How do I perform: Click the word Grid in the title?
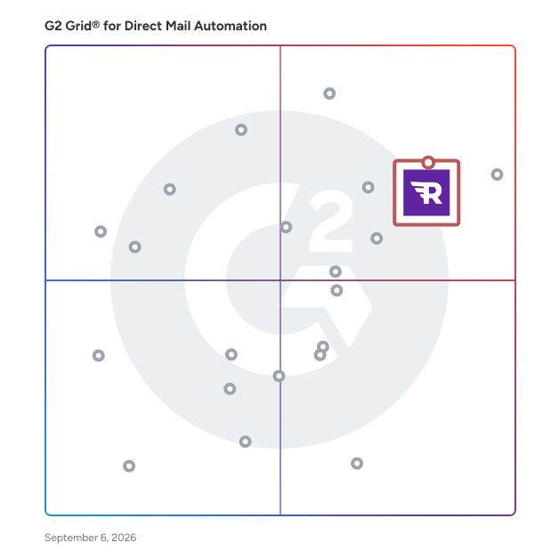tap(78, 26)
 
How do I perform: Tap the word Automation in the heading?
tap(231, 26)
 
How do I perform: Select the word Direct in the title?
tap(143, 26)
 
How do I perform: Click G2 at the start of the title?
tap(53, 26)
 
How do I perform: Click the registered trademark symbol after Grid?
tap(95, 24)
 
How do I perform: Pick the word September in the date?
tap(71, 538)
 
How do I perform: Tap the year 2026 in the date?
tap(124, 538)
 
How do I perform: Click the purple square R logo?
tap(426, 192)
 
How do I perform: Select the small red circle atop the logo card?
tap(428, 163)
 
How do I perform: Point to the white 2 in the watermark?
tap(331, 221)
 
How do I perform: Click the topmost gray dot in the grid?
tap(329, 93)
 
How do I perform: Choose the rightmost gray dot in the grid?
tap(497, 174)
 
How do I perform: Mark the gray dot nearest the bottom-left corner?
tap(129, 466)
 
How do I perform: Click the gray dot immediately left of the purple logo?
tap(369, 187)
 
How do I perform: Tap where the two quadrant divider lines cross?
tap(280, 280)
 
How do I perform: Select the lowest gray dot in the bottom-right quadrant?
tap(357, 464)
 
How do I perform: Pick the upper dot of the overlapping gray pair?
tap(323, 346)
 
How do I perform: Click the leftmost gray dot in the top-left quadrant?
tap(101, 231)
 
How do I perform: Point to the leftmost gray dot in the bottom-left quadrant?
tap(99, 355)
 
